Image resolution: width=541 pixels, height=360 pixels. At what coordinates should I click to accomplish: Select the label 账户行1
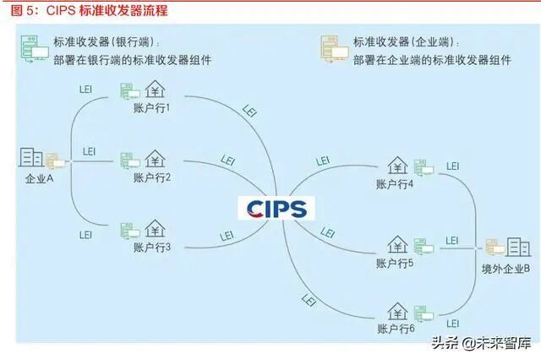pos(153,108)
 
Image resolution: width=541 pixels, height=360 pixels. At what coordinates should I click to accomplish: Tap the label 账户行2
pos(153,177)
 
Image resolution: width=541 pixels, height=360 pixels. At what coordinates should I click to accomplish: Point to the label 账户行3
pos(153,247)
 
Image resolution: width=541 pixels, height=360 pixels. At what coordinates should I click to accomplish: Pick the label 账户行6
pos(395,327)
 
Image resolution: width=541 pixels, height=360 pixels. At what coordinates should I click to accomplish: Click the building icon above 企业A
pos(31,157)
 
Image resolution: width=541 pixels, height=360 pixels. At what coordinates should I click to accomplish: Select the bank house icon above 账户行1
pos(156,90)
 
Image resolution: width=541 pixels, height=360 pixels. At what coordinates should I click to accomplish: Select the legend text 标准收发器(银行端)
pos(107,42)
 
